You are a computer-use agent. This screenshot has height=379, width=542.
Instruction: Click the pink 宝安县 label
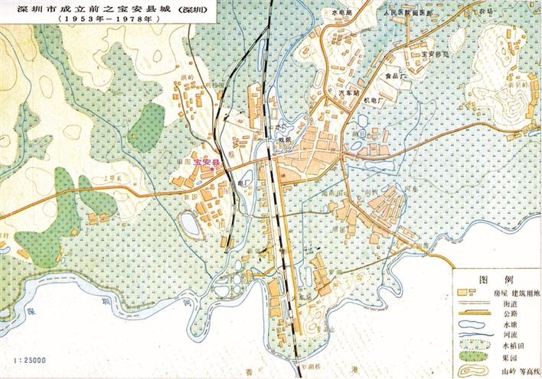pos(206,163)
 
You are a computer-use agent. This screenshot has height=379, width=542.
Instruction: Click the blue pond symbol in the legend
pos(471,324)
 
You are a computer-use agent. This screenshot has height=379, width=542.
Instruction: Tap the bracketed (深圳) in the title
pos(191,8)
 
